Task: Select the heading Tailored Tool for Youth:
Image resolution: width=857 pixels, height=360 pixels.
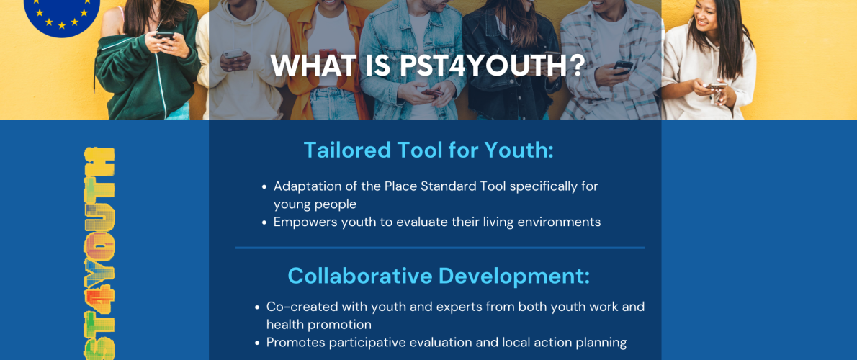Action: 428,150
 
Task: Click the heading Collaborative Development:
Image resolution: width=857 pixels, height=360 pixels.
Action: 439,276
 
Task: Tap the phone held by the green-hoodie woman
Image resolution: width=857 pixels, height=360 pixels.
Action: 164,36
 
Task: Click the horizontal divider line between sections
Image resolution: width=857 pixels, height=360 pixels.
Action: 440,248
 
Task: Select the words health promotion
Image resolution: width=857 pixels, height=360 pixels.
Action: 319,325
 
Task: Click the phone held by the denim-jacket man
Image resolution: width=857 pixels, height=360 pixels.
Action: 433,93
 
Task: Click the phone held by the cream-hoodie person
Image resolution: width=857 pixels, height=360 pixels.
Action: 233,53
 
